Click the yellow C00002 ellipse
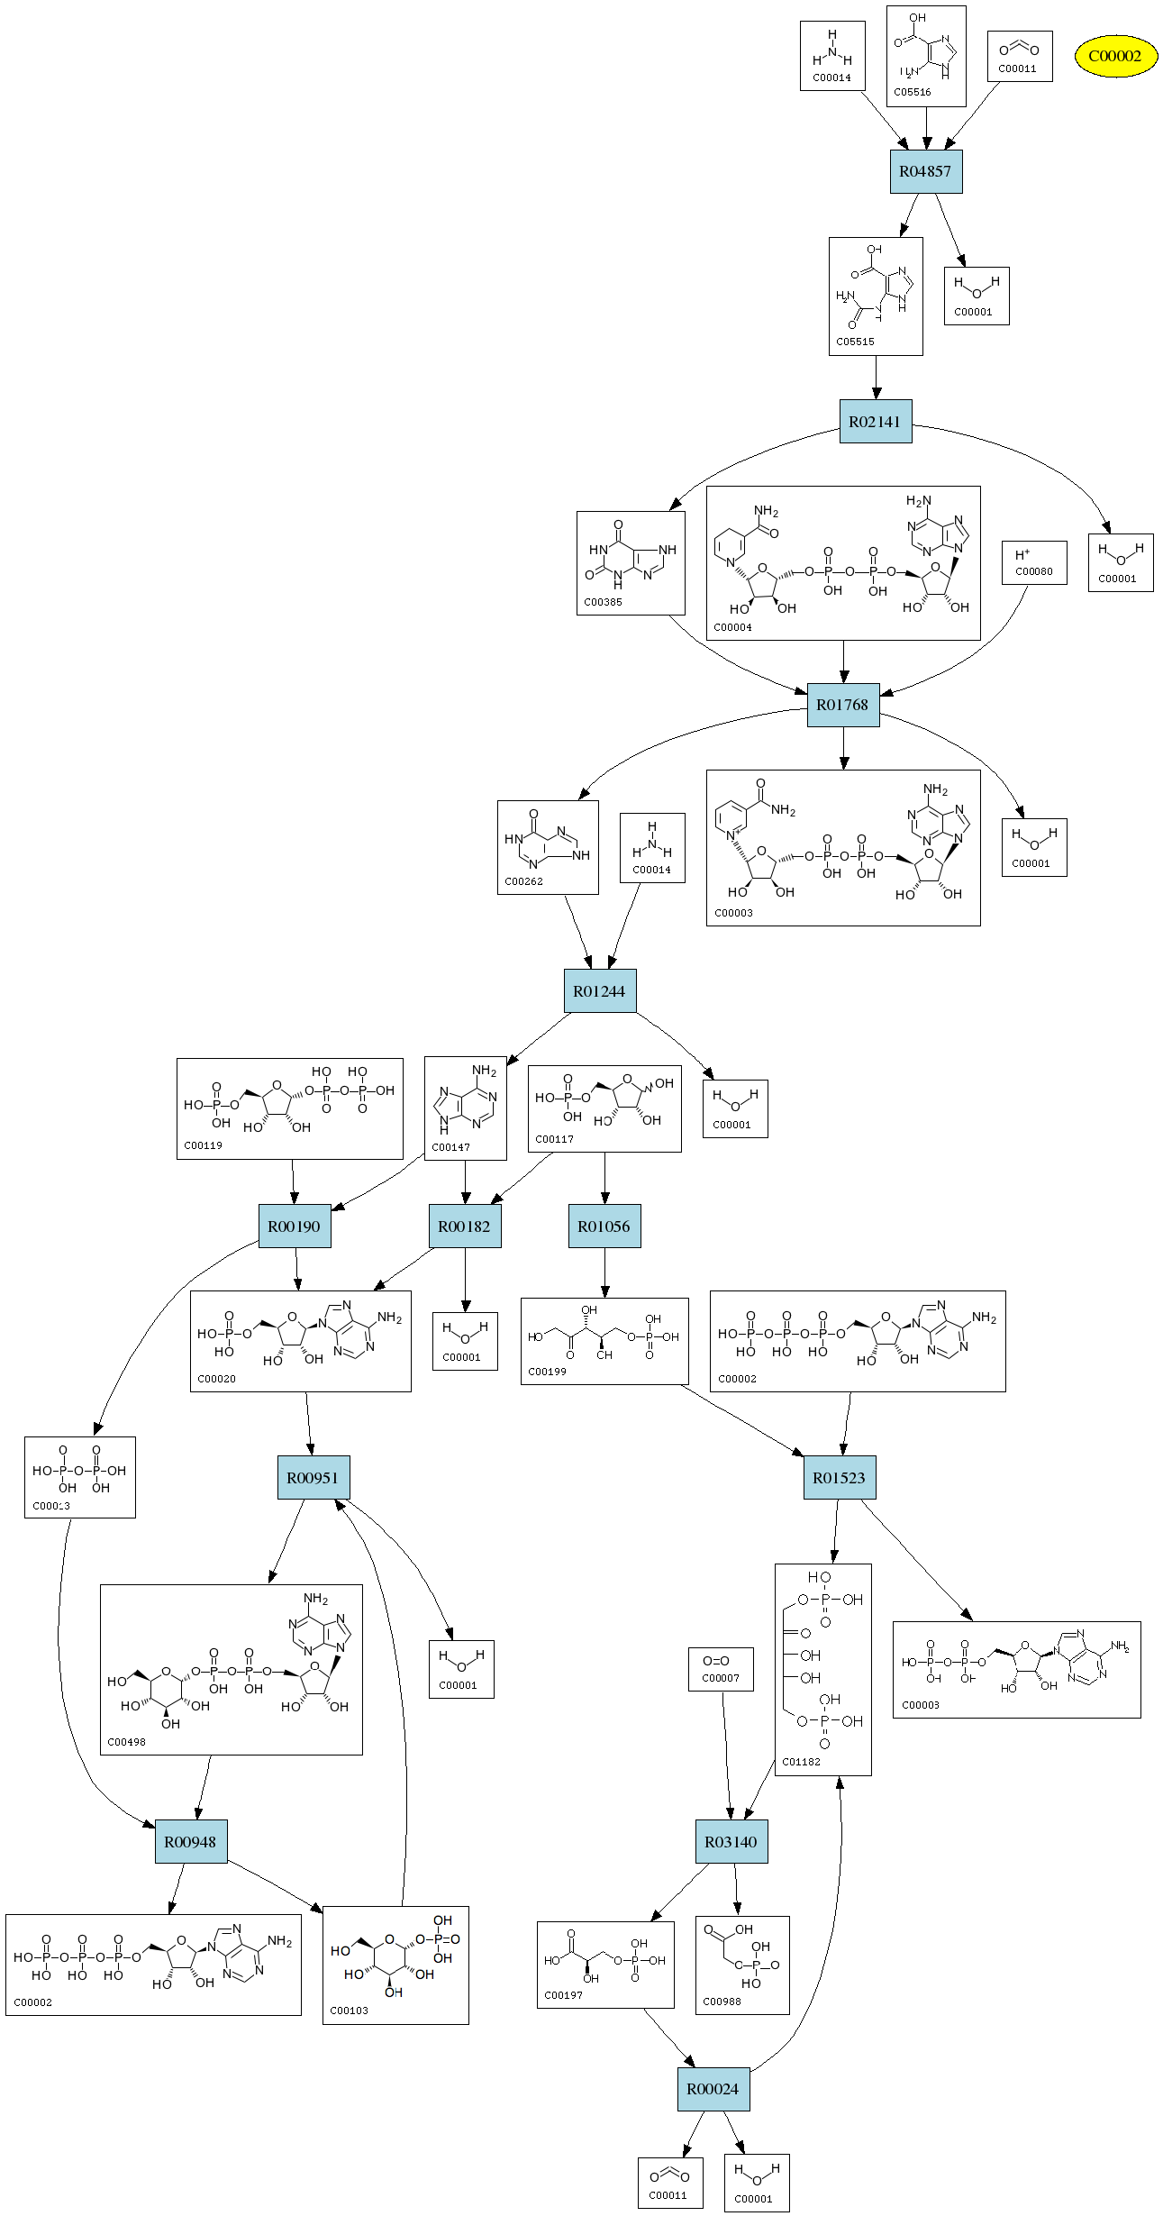click(1115, 56)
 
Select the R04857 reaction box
click(926, 171)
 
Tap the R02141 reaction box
click(875, 422)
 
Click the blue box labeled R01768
click(843, 705)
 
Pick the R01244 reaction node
click(599, 991)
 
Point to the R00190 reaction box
click(295, 1227)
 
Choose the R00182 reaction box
click(465, 1227)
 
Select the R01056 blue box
click(604, 1227)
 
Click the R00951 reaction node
click(313, 1478)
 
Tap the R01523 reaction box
click(839, 1478)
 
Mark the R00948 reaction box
click(190, 1842)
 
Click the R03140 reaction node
click(731, 1842)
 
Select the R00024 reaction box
click(713, 2089)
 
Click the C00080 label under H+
click(1034, 571)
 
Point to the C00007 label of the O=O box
click(721, 1678)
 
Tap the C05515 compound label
click(855, 342)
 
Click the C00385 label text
click(603, 602)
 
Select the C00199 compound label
click(547, 1372)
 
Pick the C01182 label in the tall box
click(801, 1762)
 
